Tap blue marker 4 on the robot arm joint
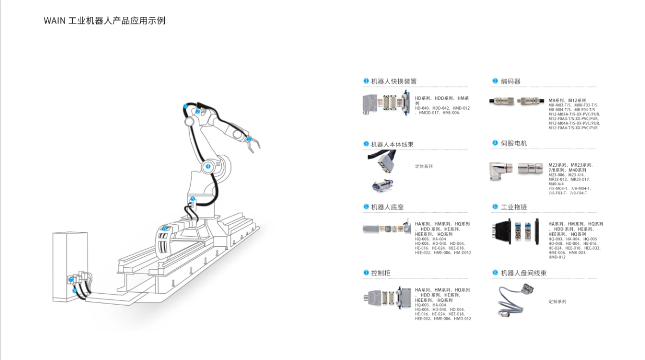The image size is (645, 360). coord(208,166)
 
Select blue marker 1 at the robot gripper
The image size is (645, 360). coord(249,139)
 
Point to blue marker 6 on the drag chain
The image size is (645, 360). coord(165,229)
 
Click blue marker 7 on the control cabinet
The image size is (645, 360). coord(71,279)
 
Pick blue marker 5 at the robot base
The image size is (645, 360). coord(193,199)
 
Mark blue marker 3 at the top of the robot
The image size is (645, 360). coord(185,106)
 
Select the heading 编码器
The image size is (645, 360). coord(510,81)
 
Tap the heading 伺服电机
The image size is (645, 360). coord(514,143)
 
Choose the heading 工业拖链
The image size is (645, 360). coord(514,207)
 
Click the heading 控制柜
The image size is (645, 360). coord(380,273)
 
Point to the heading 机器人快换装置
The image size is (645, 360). coord(393,81)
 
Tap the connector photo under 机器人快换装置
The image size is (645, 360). coord(385,104)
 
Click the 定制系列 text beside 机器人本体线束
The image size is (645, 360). coord(424,166)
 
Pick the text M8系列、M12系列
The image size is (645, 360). coord(567,100)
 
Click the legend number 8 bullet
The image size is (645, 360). coord(495,273)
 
